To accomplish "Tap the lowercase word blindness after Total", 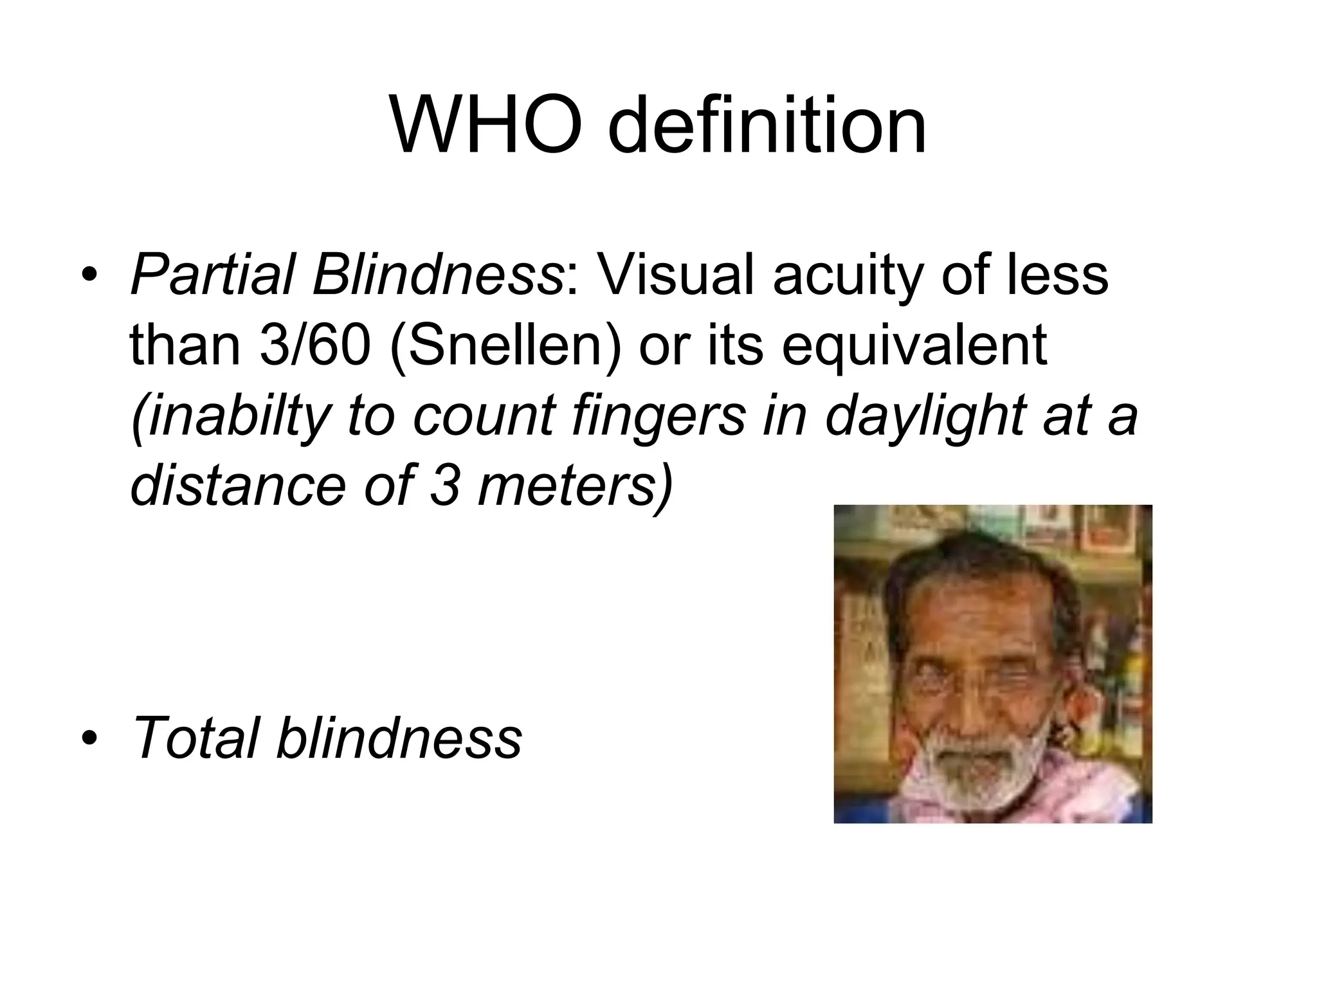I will point(399,737).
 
